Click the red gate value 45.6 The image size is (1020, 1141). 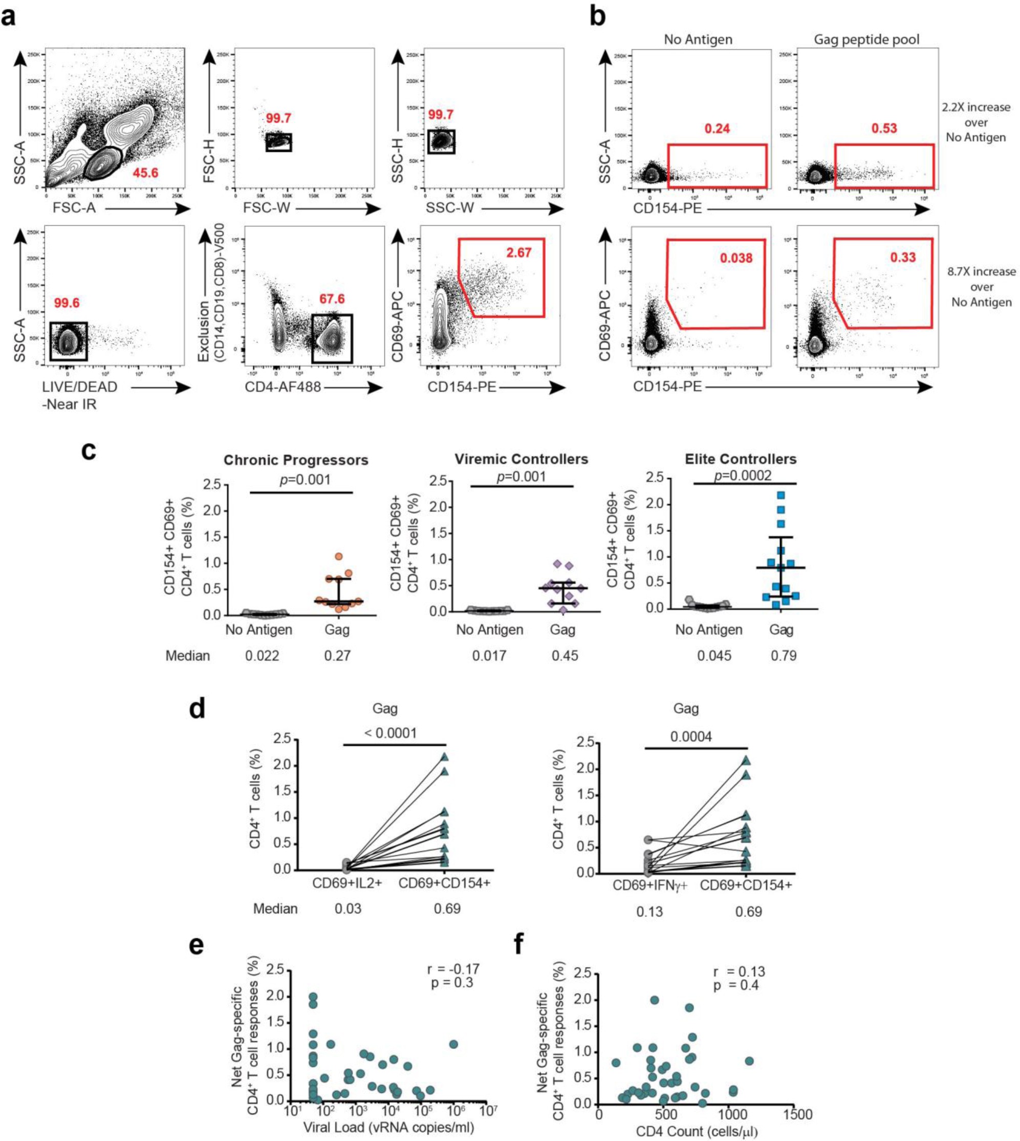[x=145, y=173]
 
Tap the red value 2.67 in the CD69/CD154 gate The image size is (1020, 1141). [x=518, y=253]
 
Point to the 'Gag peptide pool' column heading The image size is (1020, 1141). [x=866, y=39]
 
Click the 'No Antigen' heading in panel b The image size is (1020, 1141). [x=698, y=39]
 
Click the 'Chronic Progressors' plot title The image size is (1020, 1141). [x=296, y=460]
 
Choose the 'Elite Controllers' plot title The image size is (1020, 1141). [x=741, y=459]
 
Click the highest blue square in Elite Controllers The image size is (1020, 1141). [x=780, y=495]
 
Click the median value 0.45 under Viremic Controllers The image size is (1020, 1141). [x=565, y=656]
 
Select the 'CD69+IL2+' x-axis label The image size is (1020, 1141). [x=347, y=883]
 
